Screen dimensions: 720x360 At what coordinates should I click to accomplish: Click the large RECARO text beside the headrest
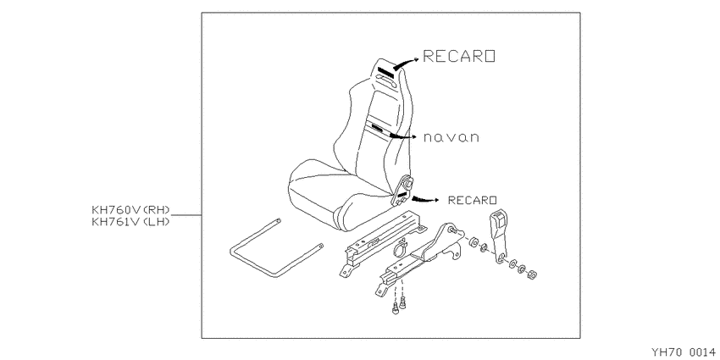[459, 56]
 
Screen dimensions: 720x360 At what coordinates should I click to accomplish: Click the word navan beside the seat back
[451, 137]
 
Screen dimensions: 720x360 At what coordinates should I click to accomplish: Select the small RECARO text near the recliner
[472, 200]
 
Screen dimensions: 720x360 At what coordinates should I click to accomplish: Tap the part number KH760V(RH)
[130, 210]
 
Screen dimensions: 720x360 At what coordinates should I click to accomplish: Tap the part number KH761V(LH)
[130, 222]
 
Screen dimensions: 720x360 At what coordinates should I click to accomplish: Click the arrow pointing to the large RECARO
[407, 63]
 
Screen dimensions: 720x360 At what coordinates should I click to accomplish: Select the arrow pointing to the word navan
[402, 136]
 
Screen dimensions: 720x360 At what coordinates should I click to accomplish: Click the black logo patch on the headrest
[385, 71]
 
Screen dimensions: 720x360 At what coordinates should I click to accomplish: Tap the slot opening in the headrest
[385, 83]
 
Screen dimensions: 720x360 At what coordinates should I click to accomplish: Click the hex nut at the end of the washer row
[532, 274]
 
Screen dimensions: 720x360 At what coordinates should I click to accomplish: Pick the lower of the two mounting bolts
[395, 309]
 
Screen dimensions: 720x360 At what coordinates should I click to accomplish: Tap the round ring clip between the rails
[399, 248]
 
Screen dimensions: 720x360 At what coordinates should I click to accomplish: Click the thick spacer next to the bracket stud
[474, 242]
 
